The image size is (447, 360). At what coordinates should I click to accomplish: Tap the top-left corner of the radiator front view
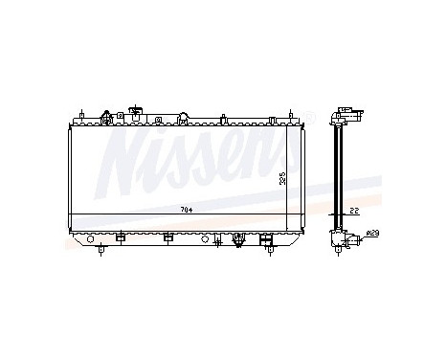coord(69,123)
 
